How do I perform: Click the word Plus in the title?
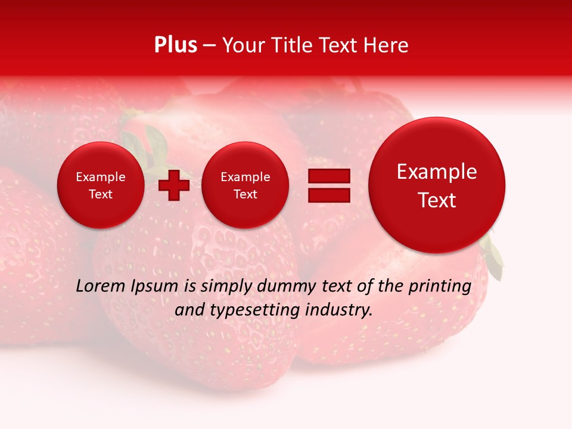(175, 45)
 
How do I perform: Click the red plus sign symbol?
(174, 185)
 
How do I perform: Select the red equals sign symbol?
(329, 185)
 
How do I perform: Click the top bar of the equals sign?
(329, 176)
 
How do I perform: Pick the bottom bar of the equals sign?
(329, 195)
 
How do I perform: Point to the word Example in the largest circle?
(437, 172)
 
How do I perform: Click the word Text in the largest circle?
(437, 200)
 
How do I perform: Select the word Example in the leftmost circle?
(100, 177)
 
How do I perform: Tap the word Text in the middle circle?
(245, 194)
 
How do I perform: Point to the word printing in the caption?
(440, 286)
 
